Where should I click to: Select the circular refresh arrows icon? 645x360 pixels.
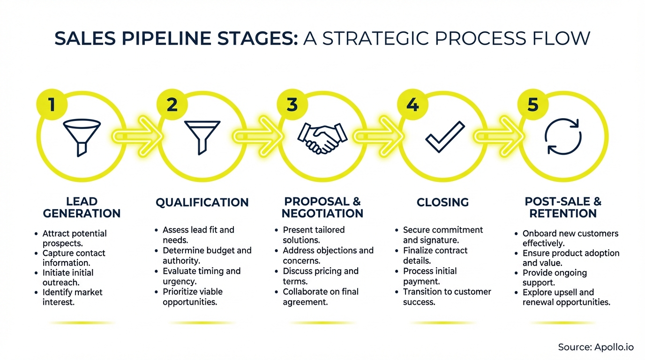563,136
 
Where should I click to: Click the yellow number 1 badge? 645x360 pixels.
52,105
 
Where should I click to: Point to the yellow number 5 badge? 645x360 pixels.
533,105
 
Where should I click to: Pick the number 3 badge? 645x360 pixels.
292,105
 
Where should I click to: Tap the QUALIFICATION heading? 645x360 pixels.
202,202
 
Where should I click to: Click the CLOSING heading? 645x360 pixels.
442,202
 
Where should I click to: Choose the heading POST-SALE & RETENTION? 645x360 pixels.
563,208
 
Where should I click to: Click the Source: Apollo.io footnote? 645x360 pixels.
596,347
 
